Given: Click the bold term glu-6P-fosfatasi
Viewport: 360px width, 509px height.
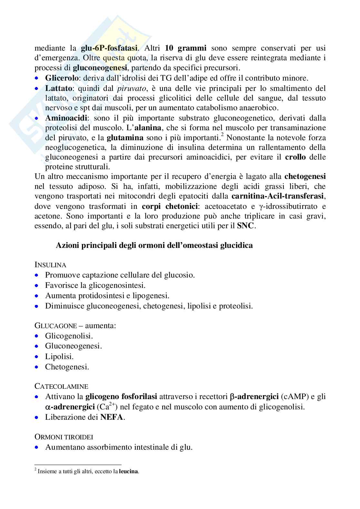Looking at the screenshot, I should pyautogui.click(x=110, y=48).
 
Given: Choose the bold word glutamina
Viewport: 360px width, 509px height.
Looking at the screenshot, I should pyautogui.click(x=125, y=138).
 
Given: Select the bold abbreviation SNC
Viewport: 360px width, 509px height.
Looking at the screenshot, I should pyautogui.click(x=246, y=226).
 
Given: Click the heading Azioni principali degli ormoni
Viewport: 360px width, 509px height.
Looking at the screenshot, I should pyautogui.click(x=154, y=245).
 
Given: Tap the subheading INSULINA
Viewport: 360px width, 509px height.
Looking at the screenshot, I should pyautogui.click(x=50, y=265).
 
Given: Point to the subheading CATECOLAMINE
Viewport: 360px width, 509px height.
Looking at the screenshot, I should pyautogui.click(x=61, y=386).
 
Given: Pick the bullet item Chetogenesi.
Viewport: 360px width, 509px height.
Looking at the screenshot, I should pyautogui.click(x=67, y=367).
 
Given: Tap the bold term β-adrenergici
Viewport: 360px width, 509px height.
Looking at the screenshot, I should pyautogui.click(x=254, y=396).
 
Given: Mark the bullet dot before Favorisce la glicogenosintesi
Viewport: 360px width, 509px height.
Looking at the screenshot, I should pyautogui.click(x=38, y=286).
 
